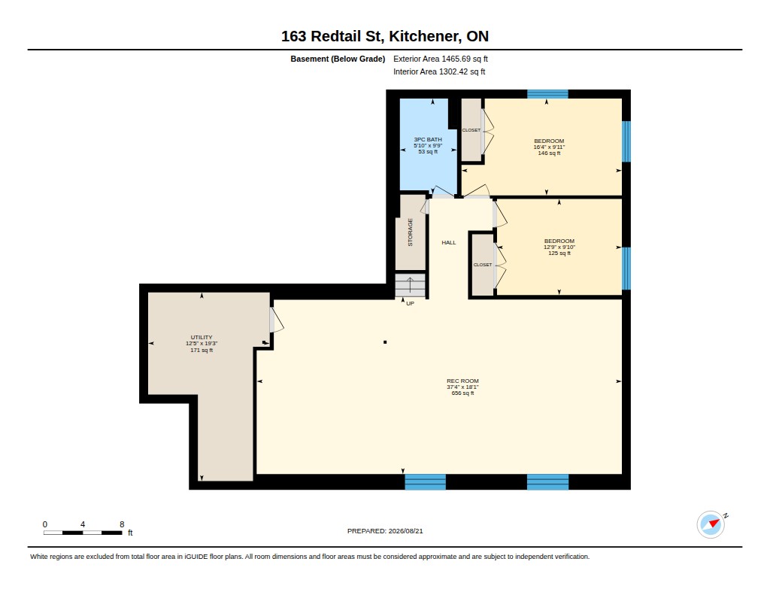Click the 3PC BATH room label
point(428,140)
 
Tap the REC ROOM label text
point(462,381)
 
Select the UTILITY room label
point(202,338)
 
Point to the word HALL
point(449,242)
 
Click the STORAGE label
point(410,232)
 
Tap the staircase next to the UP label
point(410,285)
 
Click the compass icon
point(711,525)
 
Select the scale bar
point(83,533)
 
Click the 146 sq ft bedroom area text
point(549,153)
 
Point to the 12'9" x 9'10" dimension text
point(559,247)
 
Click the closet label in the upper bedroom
point(471,130)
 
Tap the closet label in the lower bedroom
point(483,265)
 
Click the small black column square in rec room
point(385,342)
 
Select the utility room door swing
point(277,320)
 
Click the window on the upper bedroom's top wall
point(547,94)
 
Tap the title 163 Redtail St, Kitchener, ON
point(385,36)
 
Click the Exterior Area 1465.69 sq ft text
point(441,59)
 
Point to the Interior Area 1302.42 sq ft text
point(439,71)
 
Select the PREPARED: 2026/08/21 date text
point(385,531)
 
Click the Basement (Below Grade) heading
point(338,59)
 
